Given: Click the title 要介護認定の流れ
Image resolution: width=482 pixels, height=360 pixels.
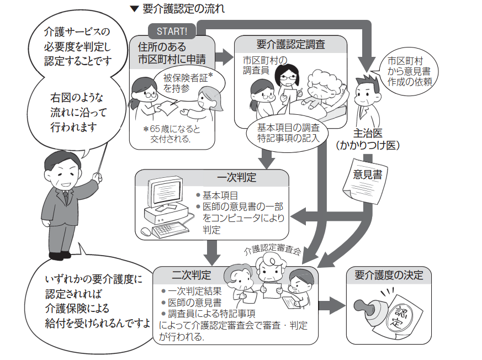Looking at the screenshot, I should pyautogui.click(x=182, y=9).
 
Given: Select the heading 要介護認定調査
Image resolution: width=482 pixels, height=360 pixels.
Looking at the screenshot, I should pyautogui.click(x=291, y=45).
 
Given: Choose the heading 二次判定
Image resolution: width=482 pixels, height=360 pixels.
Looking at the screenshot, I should pyautogui.click(x=191, y=275).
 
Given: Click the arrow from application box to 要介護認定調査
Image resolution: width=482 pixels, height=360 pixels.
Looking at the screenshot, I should pyautogui.click(x=224, y=55).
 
